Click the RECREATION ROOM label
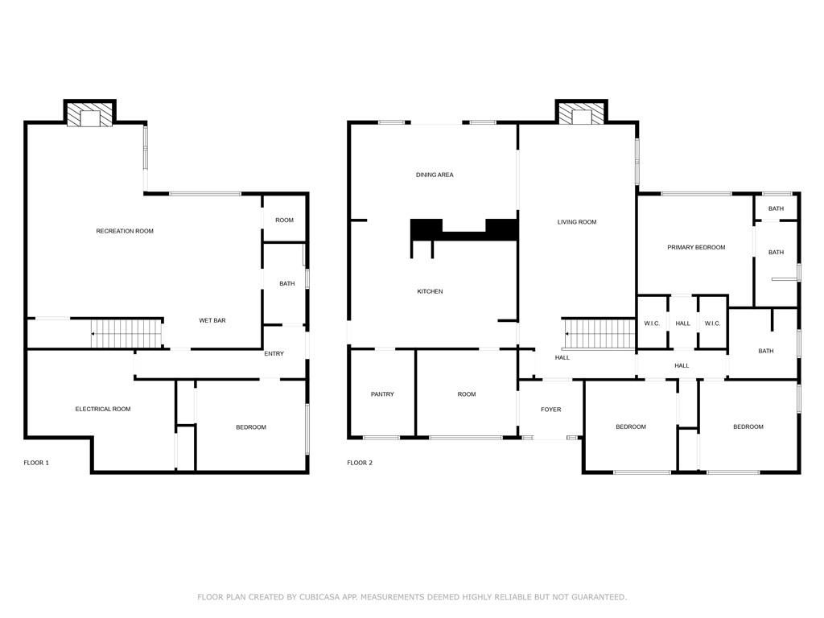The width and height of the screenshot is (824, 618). pyautogui.click(x=125, y=231)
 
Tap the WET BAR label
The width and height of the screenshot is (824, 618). pyautogui.click(x=212, y=320)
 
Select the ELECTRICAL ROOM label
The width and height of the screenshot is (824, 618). pyautogui.click(x=103, y=409)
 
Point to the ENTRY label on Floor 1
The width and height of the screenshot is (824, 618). pyautogui.click(x=274, y=354)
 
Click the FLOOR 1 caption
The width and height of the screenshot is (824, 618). pyautogui.click(x=36, y=463)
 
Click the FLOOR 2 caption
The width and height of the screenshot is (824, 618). pyautogui.click(x=360, y=463)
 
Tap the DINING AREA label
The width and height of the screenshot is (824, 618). pyautogui.click(x=435, y=175)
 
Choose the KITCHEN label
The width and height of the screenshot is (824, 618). pyautogui.click(x=430, y=291)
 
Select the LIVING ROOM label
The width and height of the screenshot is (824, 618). pyautogui.click(x=577, y=222)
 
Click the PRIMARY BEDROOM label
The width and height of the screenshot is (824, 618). pyautogui.click(x=696, y=247)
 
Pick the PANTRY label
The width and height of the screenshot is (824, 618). pyautogui.click(x=382, y=394)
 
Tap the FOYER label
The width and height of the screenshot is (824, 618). pyautogui.click(x=550, y=410)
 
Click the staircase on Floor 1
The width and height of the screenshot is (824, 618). pyautogui.click(x=126, y=333)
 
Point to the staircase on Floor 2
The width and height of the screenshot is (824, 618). pyautogui.click(x=599, y=334)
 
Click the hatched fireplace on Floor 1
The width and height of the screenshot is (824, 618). pyautogui.click(x=90, y=114)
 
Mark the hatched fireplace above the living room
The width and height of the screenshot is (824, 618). pyautogui.click(x=582, y=113)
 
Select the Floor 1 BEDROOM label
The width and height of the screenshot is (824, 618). pyautogui.click(x=251, y=427)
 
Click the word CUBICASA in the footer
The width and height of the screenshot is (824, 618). pyautogui.click(x=322, y=597)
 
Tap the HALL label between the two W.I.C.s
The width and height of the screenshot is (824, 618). pyautogui.click(x=682, y=323)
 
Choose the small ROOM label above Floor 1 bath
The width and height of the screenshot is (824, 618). pyautogui.click(x=284, y=220)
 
